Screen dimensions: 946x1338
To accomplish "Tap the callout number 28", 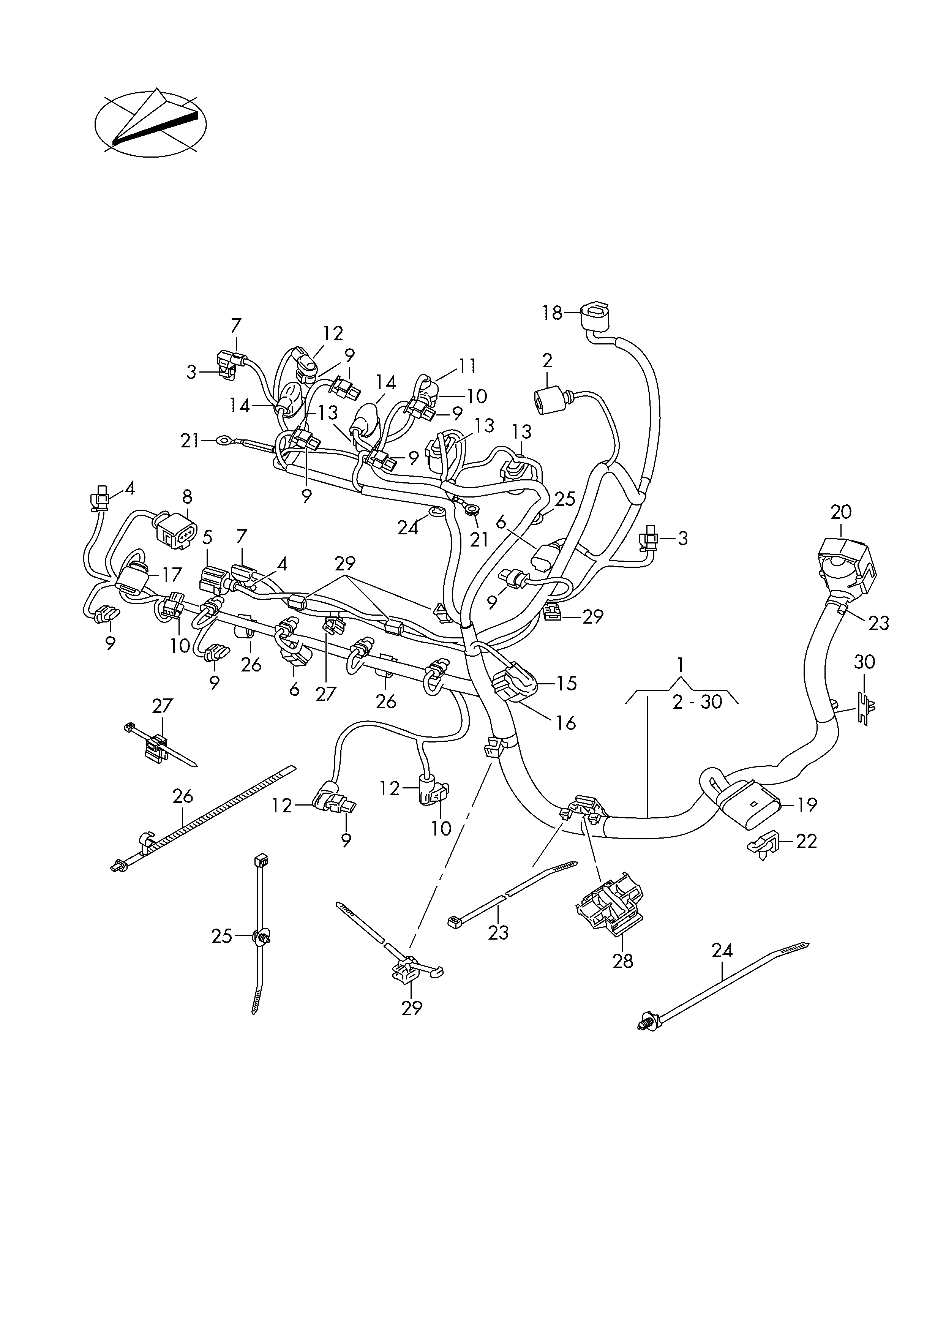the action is [x=622, y=961].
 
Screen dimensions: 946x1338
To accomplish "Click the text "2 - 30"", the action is [x=697, y=701].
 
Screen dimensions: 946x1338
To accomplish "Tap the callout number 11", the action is [x=467, y=366].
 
